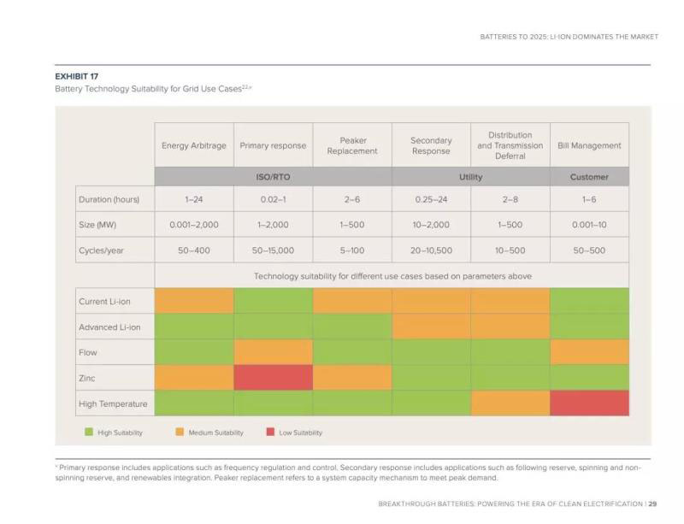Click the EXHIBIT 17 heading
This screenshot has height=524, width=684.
pos(76,76)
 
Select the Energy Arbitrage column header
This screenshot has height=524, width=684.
pos(194,146)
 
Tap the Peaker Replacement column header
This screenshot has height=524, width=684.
pos(352,146)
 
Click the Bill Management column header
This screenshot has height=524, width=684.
pos(589,146)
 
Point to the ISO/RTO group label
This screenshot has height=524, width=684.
pos(273,177)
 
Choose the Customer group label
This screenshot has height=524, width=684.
pos(589,177)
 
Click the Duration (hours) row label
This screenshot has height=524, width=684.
pos(109,199)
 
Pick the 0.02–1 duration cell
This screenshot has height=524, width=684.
pos(273,199)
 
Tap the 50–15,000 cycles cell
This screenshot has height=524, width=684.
pos(273,250)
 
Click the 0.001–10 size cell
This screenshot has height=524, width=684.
pos(589,225)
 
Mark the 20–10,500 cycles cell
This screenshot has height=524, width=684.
pos(431,250)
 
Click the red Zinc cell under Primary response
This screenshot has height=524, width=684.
pos(273,378)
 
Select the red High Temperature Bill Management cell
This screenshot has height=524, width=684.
pos(589,403)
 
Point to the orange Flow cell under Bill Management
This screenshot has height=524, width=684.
pos(589,352)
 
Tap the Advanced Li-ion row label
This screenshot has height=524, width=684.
pos(109,327)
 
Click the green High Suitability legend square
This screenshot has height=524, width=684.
pos(87,433)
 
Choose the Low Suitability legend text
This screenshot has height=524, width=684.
pos(301,433)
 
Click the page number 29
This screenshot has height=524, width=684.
pos(652,503)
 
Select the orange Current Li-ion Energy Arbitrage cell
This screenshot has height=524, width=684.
pos(194,301)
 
